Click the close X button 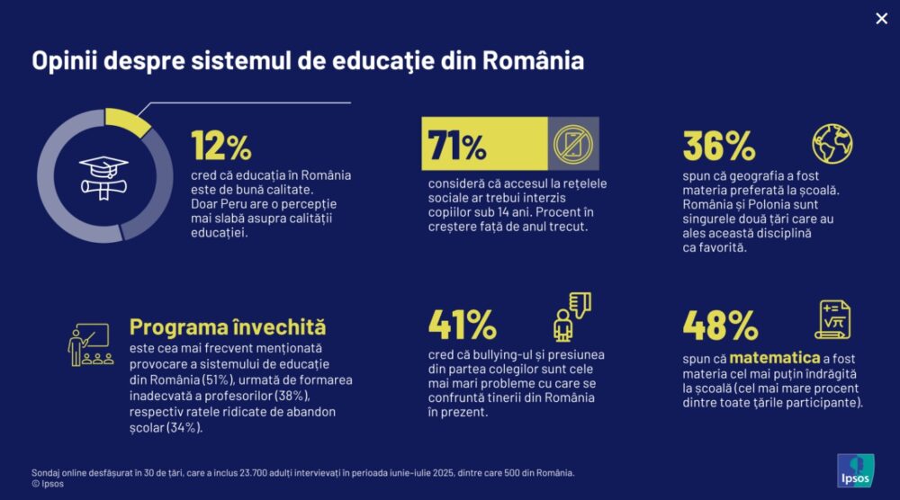(x=881, y=19)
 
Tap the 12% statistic (x=221, y=145)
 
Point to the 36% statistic (x=718, y=145)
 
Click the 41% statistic (x=462, y=324)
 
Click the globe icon (x=832, y=144)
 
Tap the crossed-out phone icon (x=573, y=144)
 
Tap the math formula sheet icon (x=832, y=320)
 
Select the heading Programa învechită (x=228, y=326)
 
